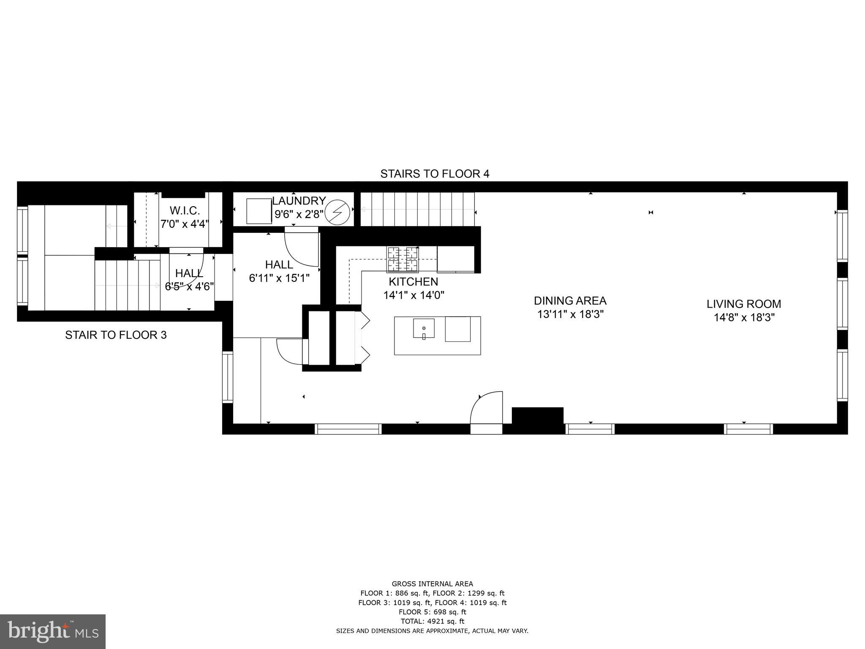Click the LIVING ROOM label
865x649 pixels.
pos(744,304)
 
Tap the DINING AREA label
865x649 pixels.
pos(570,301)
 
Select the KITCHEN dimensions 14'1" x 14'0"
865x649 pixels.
pos(413,295)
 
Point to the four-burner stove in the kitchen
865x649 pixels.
pos(403,259)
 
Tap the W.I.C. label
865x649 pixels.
pos(185,210)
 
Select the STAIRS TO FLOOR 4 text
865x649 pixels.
pos(435,174)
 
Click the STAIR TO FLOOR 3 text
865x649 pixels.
pos(116,335)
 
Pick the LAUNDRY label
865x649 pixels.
pos(299,201)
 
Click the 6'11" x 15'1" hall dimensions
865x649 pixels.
pos(279,278)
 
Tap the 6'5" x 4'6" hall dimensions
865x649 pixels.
pos(189,286)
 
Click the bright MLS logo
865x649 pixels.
pos(53,631)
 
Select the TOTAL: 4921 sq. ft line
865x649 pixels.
pos(432,621)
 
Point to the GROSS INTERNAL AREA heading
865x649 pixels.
pos(432,584)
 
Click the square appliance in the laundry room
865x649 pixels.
pos(259,211)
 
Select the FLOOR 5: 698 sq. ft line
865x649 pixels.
pos(432,612)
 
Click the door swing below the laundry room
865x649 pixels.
pos(301,248)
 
